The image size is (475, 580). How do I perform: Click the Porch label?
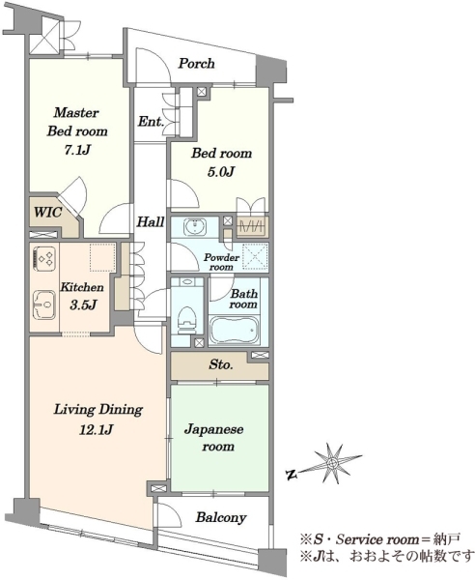coord(196,63)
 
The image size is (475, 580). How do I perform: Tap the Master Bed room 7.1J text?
coord(77,130)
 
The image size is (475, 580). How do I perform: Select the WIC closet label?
coord(47,213)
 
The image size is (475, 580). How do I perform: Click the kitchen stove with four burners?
coord(44,257)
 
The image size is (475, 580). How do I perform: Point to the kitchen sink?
coord(44,304)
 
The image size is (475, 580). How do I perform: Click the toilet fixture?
coord(187,318)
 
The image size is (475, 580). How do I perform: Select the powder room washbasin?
coord(195,226)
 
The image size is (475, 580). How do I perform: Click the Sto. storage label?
coord(221,364)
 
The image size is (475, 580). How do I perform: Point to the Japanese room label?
coord(218,438)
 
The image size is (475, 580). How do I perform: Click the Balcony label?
coord(221,517)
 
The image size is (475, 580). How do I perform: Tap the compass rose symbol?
coord(333,463)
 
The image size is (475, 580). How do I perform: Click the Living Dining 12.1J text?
coord(98,420)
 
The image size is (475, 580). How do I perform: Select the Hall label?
coord(151,222)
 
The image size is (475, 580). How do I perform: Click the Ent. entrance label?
coord(151,121)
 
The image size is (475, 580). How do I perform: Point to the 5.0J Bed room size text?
coord(221,172)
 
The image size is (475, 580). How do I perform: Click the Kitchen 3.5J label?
coord(82,297)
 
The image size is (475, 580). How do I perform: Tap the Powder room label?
coord(221,262)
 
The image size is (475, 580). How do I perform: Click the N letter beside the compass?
coord(293,475)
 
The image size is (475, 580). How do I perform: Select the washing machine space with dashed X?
coord(255,256)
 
